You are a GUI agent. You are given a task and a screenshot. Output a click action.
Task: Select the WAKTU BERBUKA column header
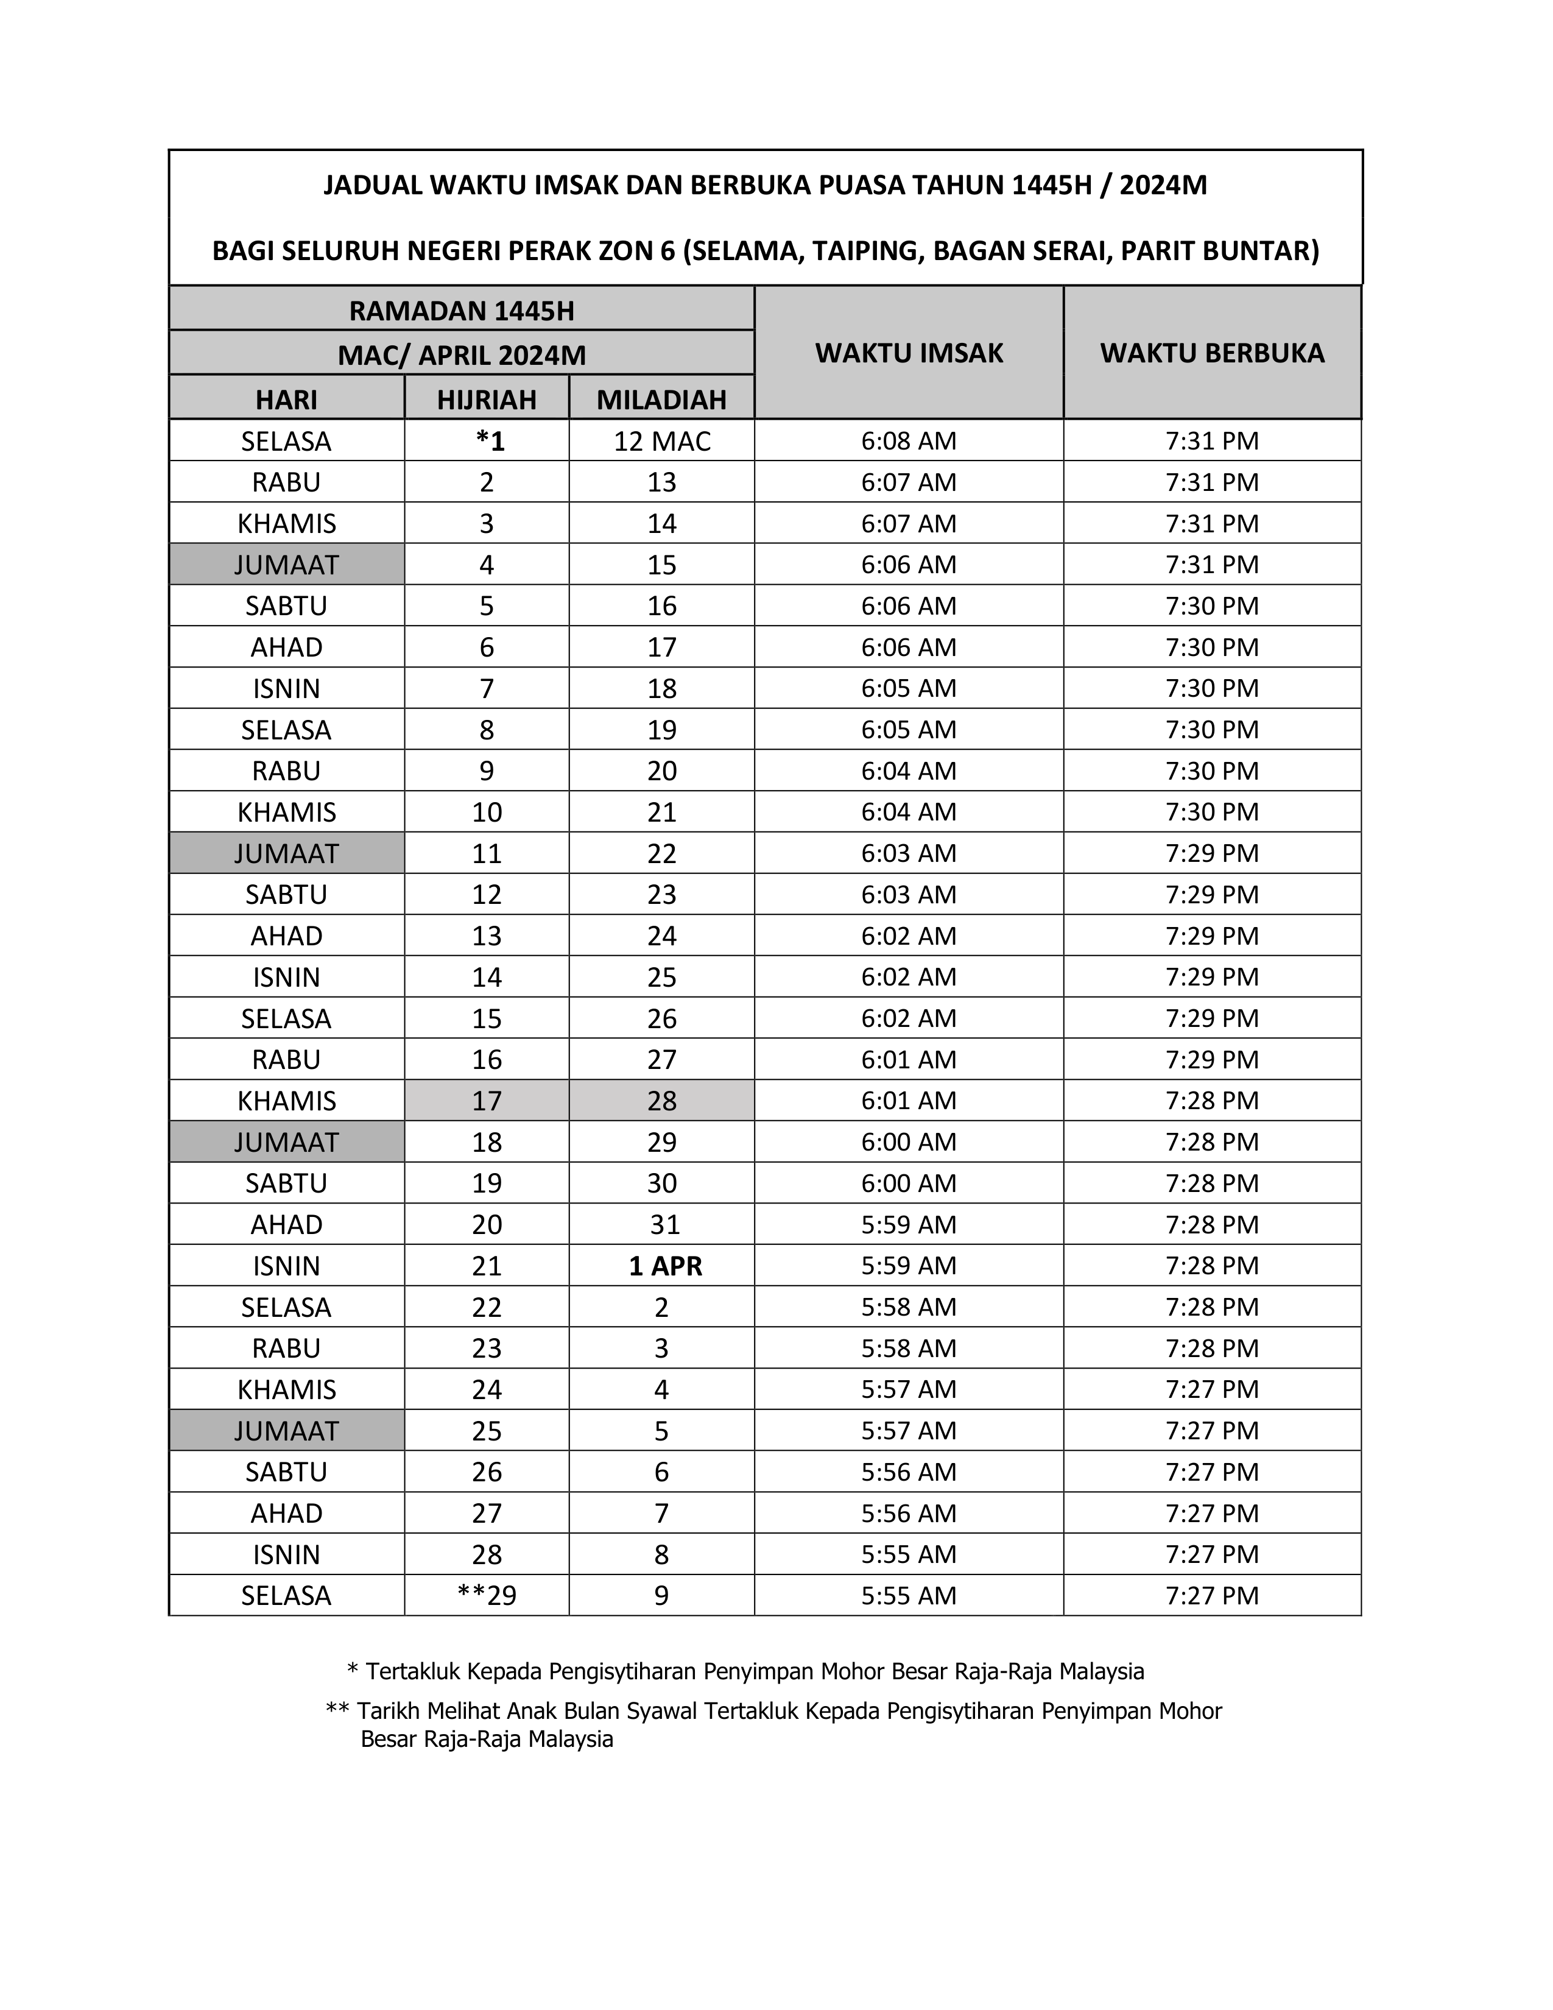1212,353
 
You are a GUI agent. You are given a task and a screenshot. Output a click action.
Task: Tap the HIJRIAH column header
486,400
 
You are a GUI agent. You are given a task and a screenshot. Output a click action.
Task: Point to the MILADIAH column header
661,400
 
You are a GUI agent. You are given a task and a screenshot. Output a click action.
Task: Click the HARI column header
286,400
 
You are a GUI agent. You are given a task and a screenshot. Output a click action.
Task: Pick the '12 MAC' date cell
661,441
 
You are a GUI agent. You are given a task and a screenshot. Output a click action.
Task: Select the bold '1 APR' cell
664,1266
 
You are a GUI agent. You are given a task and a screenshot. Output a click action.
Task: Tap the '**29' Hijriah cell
487,1595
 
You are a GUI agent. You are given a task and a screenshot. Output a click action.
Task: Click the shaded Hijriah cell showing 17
487,1101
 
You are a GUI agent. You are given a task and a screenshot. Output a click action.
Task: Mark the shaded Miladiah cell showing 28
661,1101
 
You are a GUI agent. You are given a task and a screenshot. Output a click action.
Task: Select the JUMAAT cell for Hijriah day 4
286,564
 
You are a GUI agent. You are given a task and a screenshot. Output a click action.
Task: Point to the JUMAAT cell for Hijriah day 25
286,1430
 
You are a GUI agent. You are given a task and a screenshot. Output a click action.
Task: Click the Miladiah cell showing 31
664,1224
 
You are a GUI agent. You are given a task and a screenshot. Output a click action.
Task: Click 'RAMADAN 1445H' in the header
461,310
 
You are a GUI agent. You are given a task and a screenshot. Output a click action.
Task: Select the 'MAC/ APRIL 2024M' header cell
461,354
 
